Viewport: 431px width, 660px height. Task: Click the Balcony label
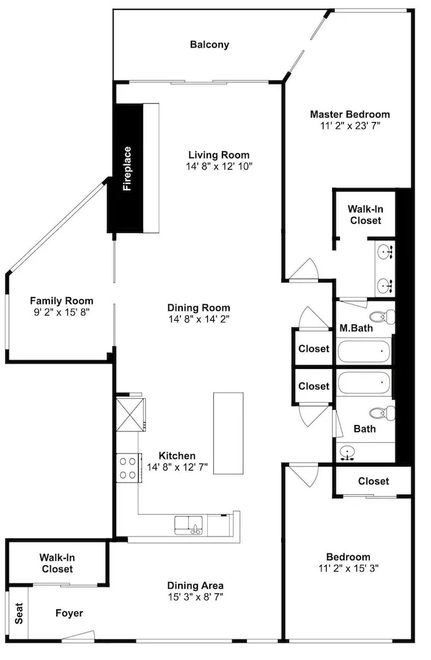pyautogui.click(x=209, y=45)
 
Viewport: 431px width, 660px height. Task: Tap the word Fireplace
pyautogui.click(x=127, y=169)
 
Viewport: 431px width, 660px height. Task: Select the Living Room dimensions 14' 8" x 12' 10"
pyautogui.click(x=219, y=166)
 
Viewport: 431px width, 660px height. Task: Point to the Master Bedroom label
pyautogui.click(x=350, y=114)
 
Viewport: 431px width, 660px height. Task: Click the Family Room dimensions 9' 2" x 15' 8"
pyautogui.click(x=61, y=312)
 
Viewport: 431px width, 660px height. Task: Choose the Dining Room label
pyautogui.click(x=199, y=308)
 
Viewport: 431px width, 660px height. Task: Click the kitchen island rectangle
pyautogui.click(x=228, y=433)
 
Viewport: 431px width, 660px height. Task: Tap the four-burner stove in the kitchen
pyautogui.click(x=129, y=468)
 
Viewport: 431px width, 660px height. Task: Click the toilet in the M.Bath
pyautogui.click(x=382, y=317)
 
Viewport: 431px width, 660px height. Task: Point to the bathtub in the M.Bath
pyautogui.click(x=364, y=351)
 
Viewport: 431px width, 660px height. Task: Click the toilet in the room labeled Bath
pyautogui.click(x=382, y=413)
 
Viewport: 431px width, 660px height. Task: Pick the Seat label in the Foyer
pyautogui.click(x=19, y=613)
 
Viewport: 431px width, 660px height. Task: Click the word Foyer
pyautogui.click(x=69, y=613)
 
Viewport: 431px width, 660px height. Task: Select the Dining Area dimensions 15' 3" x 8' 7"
pyautogui.click(x=195, y=597)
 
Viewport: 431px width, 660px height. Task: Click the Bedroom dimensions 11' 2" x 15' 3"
pyautogui.click(x=348, y=568)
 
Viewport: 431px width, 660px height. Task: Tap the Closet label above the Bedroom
pyautogui.click(x=374, y=481)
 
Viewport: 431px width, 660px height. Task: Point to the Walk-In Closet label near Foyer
pyautogui.click(x=57, y=563)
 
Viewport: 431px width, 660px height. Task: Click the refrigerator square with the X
pyautogui.click(x=131, y=414)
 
